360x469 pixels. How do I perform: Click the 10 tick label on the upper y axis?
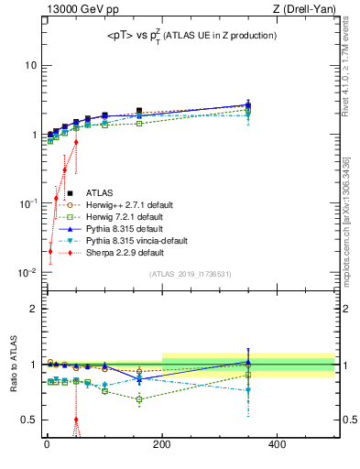pos(30,66)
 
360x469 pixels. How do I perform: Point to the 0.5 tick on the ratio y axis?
pos(28,420)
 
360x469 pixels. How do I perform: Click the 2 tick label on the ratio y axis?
pos(32,309)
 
